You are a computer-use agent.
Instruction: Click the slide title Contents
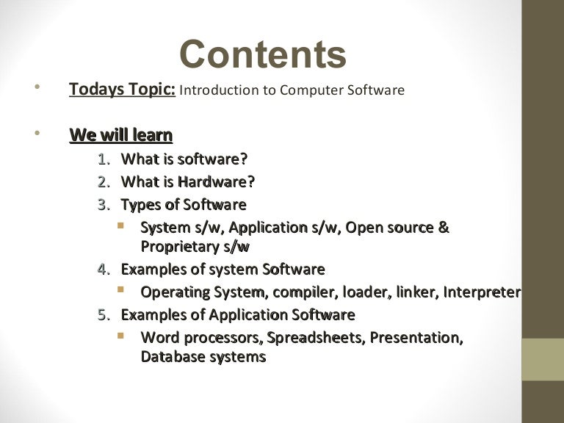263,55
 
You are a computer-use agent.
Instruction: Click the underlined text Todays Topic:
122,90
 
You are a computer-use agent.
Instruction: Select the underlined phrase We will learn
121,135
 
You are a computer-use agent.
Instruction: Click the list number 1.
104,159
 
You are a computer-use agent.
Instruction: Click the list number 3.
104,204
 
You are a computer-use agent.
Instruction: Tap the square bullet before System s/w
122,225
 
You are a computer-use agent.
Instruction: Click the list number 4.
104,270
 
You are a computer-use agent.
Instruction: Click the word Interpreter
482,292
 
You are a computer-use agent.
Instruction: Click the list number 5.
104,315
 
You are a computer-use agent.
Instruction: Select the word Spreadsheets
316,338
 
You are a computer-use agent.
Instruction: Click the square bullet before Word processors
122,336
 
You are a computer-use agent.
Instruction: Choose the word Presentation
416,338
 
